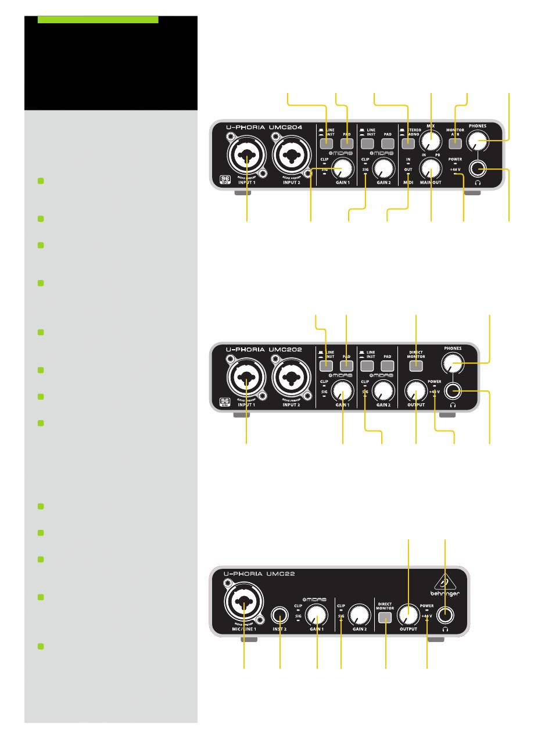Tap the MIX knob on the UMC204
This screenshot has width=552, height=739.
point(431,140)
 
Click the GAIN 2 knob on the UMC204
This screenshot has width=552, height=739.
point(382,169)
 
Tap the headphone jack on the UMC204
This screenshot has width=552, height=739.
point(479,170)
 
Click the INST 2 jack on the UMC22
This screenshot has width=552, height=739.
point(281,614)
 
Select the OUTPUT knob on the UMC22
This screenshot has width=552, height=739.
point(408,614)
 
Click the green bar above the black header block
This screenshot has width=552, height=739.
point(98,20)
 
